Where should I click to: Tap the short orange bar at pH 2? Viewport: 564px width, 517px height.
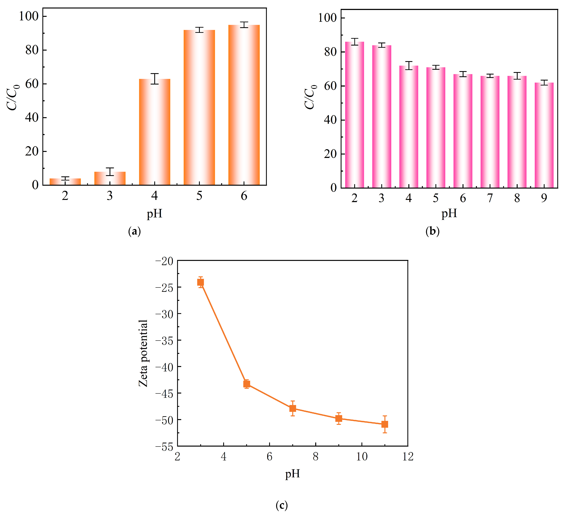point(65,182)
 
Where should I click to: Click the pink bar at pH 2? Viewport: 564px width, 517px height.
point(354,115)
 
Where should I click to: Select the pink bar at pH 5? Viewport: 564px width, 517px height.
point(436,127)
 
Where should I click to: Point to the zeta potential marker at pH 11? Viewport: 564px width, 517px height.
point(385,424)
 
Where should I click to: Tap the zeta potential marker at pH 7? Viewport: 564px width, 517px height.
point(293,408)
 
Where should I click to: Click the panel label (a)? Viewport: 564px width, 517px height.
point(134,231)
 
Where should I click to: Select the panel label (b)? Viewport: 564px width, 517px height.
point(432,231)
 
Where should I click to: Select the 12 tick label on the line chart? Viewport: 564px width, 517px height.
point(408,457)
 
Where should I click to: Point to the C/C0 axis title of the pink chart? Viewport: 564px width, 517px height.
point(310,97)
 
